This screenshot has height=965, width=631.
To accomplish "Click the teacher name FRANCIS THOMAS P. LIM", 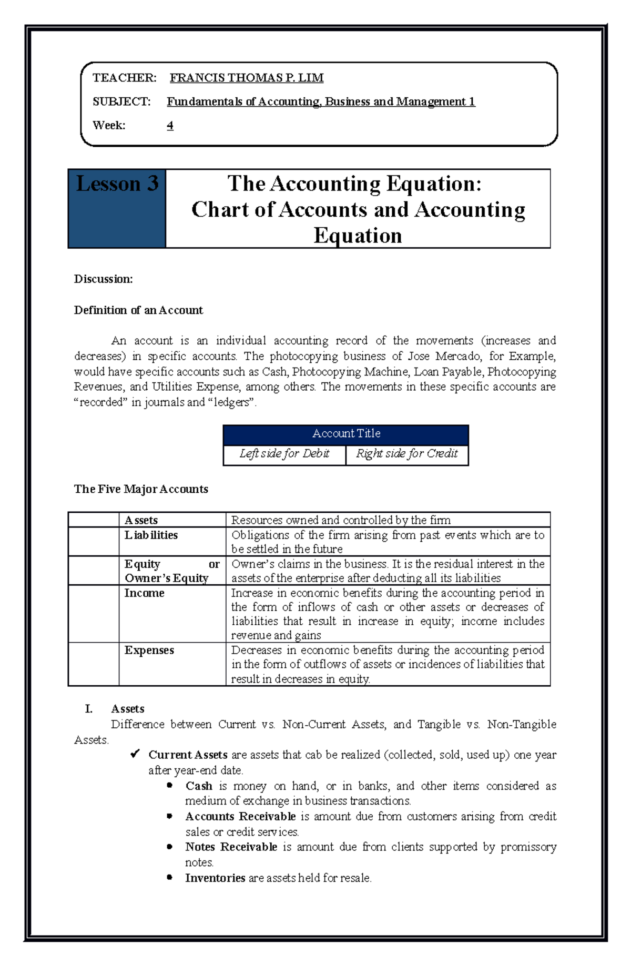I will (246, 78).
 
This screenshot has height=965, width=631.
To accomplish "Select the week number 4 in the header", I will (170, 125).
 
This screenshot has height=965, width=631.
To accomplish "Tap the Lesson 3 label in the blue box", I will (117, 184).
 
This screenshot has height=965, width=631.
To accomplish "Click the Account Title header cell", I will (346, 433).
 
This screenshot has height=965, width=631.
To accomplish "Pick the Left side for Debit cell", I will (284, 453).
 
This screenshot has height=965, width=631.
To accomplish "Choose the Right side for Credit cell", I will (406, 453).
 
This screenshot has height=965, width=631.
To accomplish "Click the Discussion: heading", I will (103, 279).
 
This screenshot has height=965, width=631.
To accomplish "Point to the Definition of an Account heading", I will (138, 310).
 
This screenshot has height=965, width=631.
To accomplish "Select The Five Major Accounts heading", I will (141, 489).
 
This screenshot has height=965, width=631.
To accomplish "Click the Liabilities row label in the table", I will (151, 535).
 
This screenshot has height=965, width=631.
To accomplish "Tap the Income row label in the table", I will (144, 593).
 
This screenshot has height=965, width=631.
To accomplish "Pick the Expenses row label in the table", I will (149, 650).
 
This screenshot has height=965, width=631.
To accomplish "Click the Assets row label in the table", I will (141, 520).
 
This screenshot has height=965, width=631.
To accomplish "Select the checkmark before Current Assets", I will (135, 754).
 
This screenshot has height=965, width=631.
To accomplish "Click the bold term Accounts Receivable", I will (240, 816).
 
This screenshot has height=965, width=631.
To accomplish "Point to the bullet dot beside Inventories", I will (169, 877).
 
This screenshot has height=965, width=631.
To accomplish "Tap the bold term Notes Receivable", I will (231, 847).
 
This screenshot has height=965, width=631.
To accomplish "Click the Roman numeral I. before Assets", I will (89, 709).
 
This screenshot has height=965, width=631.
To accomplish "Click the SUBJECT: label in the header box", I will (121, 101).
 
